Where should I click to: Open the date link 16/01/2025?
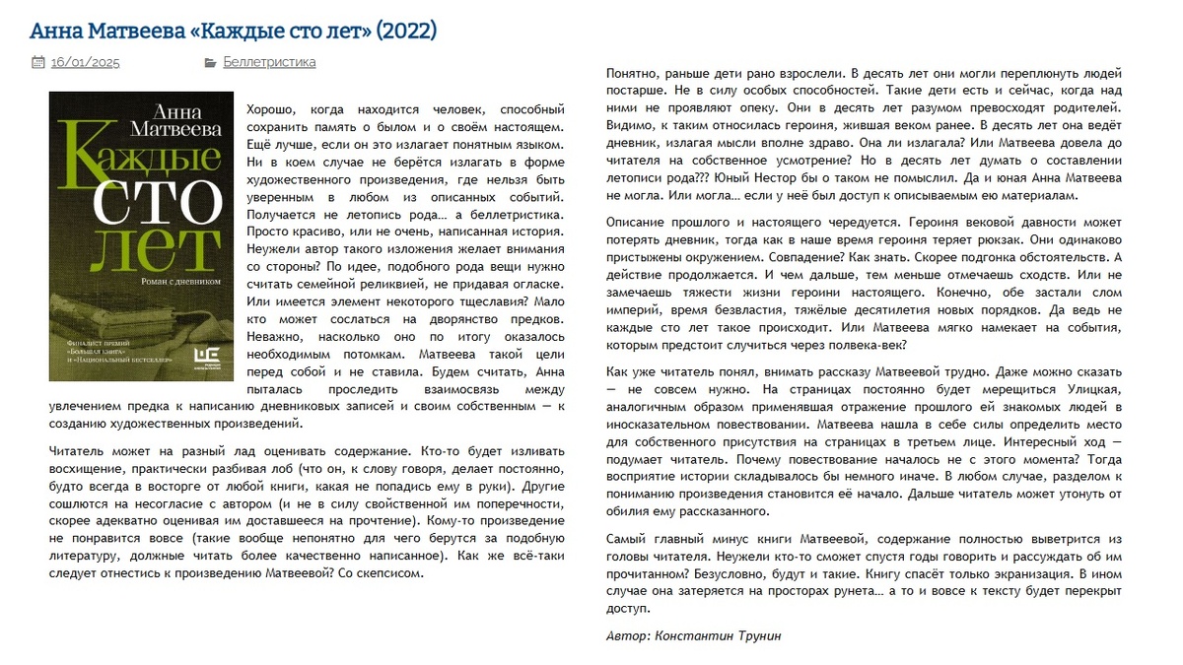click(85, 62)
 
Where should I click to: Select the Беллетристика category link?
click(269, 62)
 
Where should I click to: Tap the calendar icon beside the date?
click(37, 62)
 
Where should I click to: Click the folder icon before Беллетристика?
click(210, 62)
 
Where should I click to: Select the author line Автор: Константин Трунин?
click(693, 635)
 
